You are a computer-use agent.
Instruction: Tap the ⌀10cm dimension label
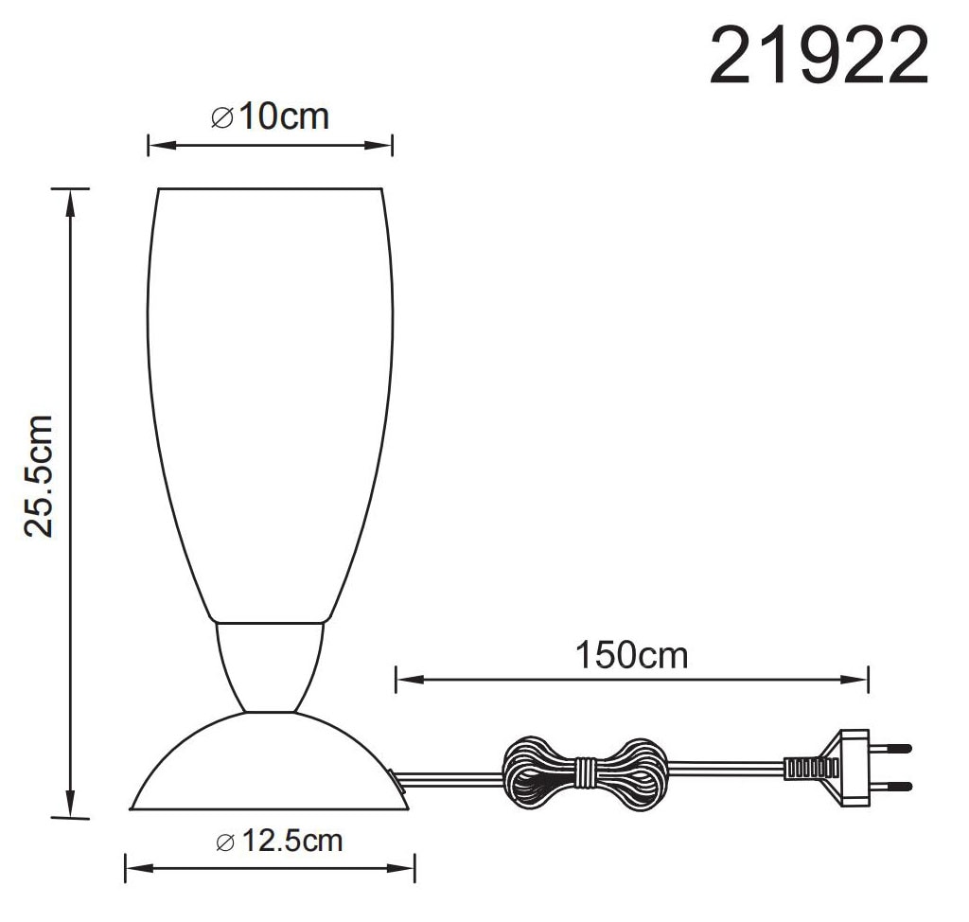click(x=270, y=117)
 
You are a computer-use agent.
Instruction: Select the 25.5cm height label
click(x=41, y=476)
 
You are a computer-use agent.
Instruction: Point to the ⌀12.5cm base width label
click(x=279, y=841)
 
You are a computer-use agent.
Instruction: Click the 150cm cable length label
click(x=631, y=655)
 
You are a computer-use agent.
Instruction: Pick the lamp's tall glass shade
click(x=270, y=398)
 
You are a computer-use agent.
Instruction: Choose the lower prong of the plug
click(x=895, y=787)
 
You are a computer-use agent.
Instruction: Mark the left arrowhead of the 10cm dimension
click(x=155, y=145)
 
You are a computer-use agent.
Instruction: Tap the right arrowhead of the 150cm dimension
click(x=862, y=678)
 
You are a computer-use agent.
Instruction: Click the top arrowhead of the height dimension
click(x=68, y=197)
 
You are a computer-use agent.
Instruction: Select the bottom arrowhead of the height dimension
click(x=68, y=810)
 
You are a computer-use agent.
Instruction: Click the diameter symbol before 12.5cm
click(x=224, y=842)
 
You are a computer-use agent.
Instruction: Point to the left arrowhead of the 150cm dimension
click(x=403, y=678)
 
